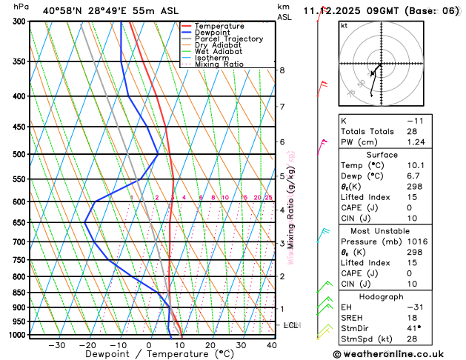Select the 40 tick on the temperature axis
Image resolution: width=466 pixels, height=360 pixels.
(271, 344)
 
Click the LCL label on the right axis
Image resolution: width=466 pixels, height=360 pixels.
(291, 325)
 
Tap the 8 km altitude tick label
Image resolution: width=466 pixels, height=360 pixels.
(282, 70)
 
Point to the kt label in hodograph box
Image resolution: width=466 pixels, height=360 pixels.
(344, 24)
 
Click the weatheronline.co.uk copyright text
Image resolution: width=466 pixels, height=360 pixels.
(396, 354)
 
